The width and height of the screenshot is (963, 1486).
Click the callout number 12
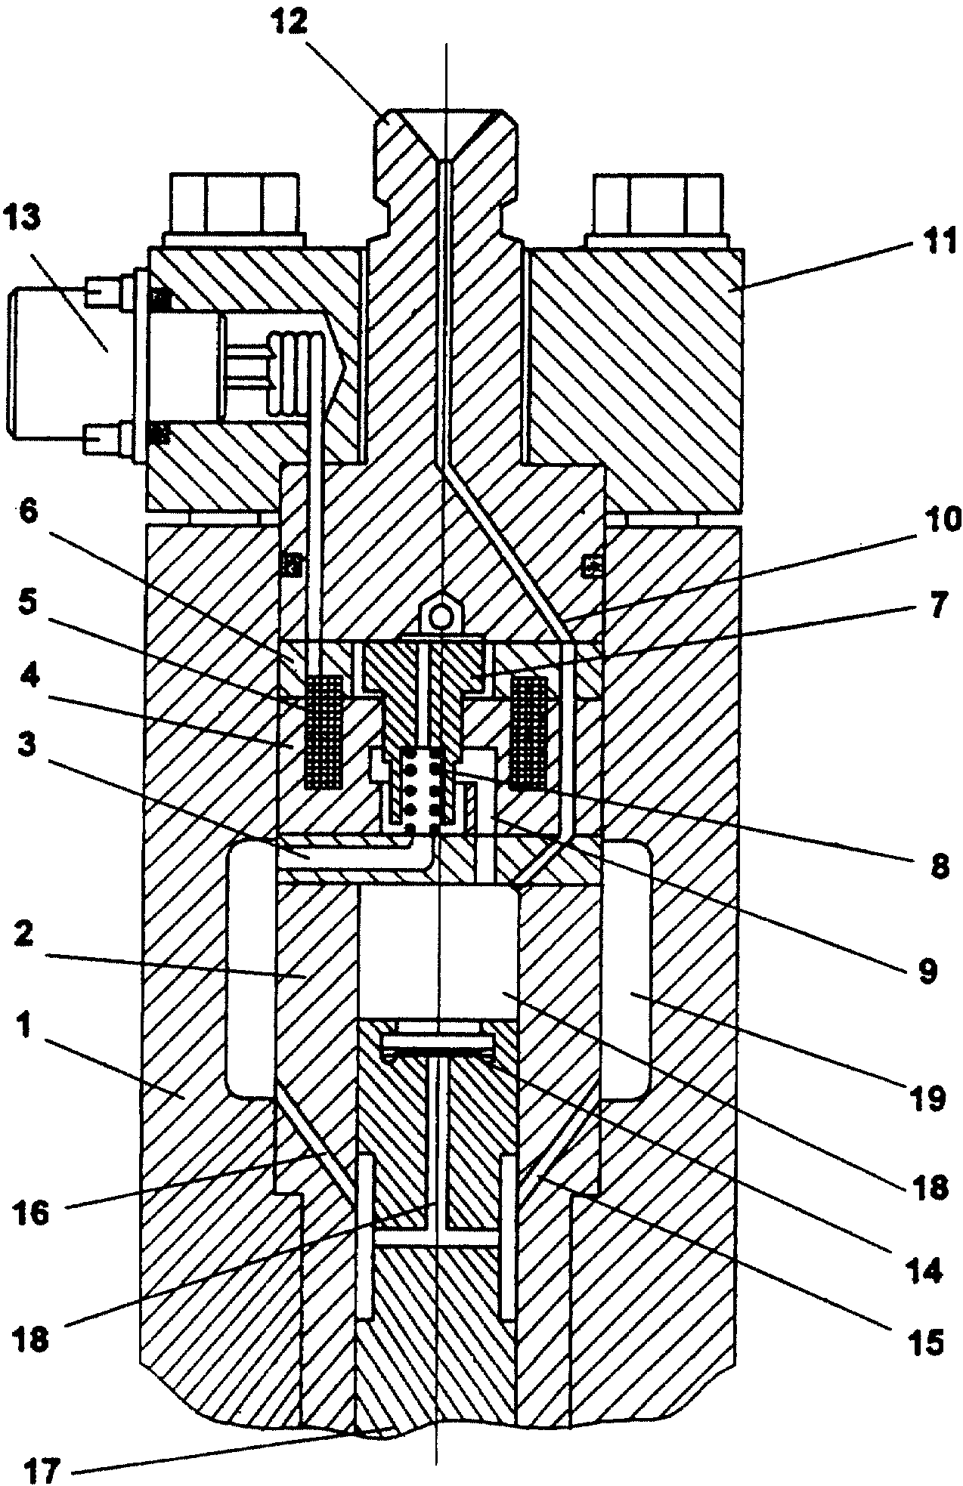(x=288, y=21)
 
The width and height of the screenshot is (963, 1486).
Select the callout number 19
(x=926, y=1098)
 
